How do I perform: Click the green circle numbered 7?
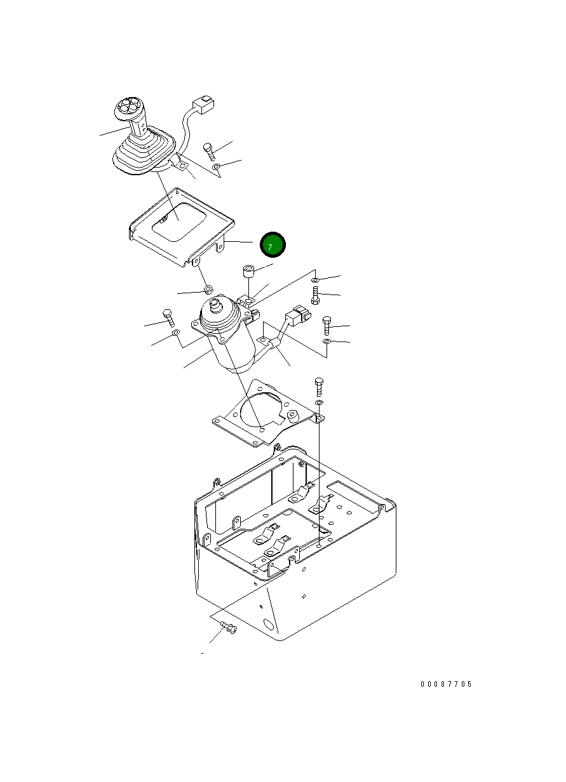273,244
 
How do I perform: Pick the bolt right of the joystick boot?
209,152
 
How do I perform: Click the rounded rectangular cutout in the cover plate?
178,222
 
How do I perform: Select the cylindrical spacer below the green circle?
248,271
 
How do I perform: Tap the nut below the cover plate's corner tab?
208,289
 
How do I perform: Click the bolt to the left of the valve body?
168,317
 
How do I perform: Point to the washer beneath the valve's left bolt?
176,332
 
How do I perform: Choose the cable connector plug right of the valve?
298,315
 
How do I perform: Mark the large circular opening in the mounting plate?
260,411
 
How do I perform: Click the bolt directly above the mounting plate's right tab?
319,387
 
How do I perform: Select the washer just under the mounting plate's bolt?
319,403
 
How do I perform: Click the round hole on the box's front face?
269,625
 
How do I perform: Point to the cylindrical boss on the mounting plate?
292,415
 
